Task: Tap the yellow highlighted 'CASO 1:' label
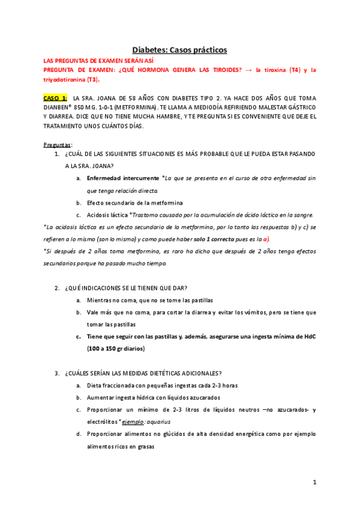(56, 97)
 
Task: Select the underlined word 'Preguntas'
(57, 145)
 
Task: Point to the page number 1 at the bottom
(314, 482)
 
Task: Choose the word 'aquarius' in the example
(160, 421)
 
